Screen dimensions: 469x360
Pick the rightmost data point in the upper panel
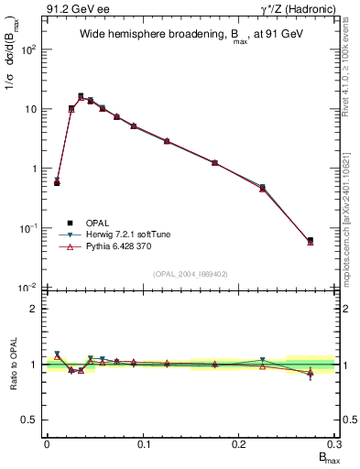[310, 241]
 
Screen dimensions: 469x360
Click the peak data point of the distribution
[81, 96]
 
